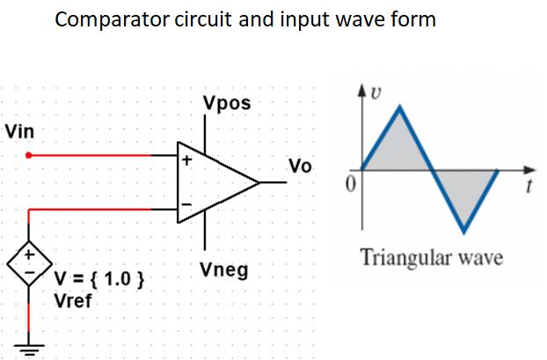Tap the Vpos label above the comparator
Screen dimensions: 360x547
226,104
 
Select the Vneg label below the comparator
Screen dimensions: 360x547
224,268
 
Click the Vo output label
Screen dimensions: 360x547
299,167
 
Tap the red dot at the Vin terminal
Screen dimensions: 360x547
29,155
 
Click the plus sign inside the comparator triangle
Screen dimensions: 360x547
186,161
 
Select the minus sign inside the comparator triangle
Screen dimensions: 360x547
186,205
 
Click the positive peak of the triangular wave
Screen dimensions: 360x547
400,107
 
